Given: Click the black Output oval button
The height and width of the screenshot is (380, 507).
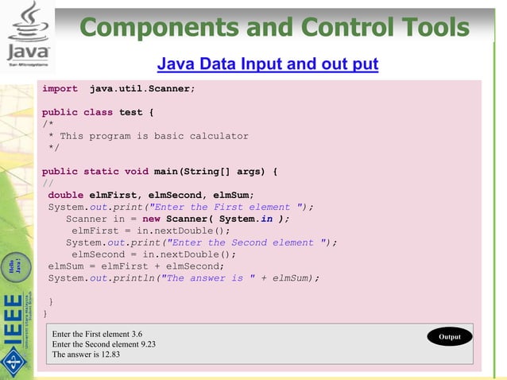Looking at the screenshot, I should click(450, 337).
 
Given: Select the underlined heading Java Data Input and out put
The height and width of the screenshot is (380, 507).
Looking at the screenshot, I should click(268, 64).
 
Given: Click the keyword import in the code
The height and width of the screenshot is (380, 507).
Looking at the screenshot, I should click(60, 89).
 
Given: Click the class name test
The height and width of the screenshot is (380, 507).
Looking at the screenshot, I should click(130, 112).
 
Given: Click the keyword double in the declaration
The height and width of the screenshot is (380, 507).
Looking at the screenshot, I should click(66, 195).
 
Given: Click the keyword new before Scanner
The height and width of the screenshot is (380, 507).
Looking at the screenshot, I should click(151, 219).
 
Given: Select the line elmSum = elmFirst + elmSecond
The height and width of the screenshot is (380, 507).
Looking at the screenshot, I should click(136, 266).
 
